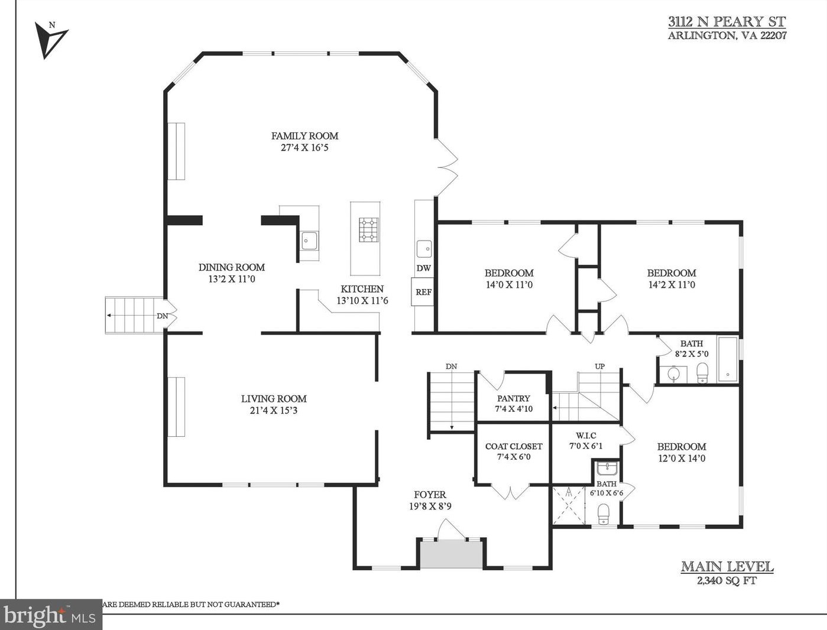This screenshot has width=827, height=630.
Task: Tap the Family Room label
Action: pyautogui.click(x=305, y=136)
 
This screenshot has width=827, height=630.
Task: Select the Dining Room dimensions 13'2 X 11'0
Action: pyautogui.click(x=232, y=279)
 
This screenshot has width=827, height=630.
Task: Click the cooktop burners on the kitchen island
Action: pyautogui.click(x=369, y=229)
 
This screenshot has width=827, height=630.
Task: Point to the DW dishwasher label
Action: pyautogui.click(x=424, y=268)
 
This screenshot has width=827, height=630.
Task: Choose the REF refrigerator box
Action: pyautogui.click(x=423, y=292)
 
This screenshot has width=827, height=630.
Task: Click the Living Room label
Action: pyautogui.click(x=274, y=399)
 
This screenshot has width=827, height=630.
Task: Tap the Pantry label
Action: pyautogui.click(x=514, y=398)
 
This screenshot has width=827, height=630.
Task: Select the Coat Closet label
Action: pyautogui.click(x=514, y=446)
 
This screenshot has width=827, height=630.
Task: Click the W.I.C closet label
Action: pyautogui.click(x=586, y=436)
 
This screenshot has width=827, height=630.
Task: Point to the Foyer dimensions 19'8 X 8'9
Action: pyautogui.click(x=430, y=506)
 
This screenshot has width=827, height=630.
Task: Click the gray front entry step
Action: pyautogui.click(x=452, y=554)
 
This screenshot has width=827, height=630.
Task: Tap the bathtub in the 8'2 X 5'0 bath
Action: pyautogui.click(x=728, y=359)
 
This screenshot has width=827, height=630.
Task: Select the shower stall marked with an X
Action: pyautogui.click(x=569, y=505)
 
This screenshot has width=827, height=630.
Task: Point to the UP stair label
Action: pyautogui.click(x=600, y=366)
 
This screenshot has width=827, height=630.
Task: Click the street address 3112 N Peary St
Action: pyautogui.click(x=727, y=21)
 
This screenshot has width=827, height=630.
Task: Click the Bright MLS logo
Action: pyautogui.click(x=50, y=616)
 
